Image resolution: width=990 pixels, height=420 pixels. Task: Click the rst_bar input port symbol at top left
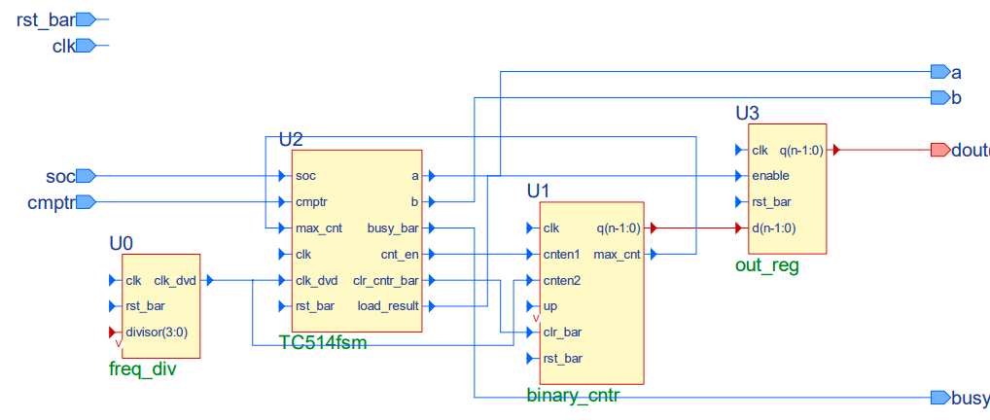click(x=86, y=18)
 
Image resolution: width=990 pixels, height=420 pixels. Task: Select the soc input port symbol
click(x=86, y=176)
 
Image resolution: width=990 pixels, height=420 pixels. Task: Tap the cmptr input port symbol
click(x=86, y=202)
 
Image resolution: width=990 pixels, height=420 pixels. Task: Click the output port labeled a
click(x=939, y=72)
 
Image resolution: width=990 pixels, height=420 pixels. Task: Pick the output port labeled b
click(x=939, y=97)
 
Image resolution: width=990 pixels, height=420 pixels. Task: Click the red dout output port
click(x=939, y=150)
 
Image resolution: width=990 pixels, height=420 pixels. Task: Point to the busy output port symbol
click(x=939, y=398)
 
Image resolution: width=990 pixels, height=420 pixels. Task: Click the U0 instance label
click(x=122, y=242)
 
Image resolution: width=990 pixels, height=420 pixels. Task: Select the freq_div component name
click(x=142, y=369)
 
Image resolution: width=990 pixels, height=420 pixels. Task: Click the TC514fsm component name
click(x=322, y=343)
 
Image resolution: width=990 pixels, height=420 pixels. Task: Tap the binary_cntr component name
click(x=573, y=396)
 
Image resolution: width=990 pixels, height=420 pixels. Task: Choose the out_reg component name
click(x=766, y=264)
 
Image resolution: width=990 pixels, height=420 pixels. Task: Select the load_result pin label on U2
click(x=389, y=306)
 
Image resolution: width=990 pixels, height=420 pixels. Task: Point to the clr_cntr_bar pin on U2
click(x=386, y=281)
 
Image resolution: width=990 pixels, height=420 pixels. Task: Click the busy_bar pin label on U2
click(x=393, y=228)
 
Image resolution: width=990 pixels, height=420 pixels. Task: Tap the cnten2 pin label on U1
click(x=563, y=281)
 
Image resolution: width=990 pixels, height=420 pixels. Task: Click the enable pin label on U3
click(x=770, y=176)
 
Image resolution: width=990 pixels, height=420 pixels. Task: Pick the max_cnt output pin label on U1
click(x=617, y=255)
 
